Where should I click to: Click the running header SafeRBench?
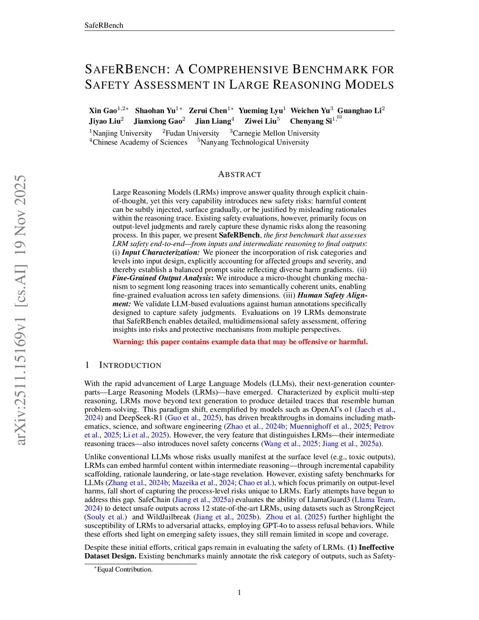pos(103,25)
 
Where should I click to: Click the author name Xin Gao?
pos(103,110)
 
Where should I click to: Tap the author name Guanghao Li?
pos(359,110)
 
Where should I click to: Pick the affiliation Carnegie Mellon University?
pos(276,133)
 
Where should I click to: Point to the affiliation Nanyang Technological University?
pos(254,142)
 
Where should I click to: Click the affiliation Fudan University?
pos(192,133)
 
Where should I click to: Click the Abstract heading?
pos(239,174)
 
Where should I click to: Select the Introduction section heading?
pos(130,365)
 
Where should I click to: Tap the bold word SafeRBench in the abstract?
pos(239,235)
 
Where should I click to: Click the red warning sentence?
pos(240,342)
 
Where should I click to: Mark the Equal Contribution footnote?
pos(124,569)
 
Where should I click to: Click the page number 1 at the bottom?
pos(239,592)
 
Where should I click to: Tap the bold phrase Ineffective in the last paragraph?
pos(376,547)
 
